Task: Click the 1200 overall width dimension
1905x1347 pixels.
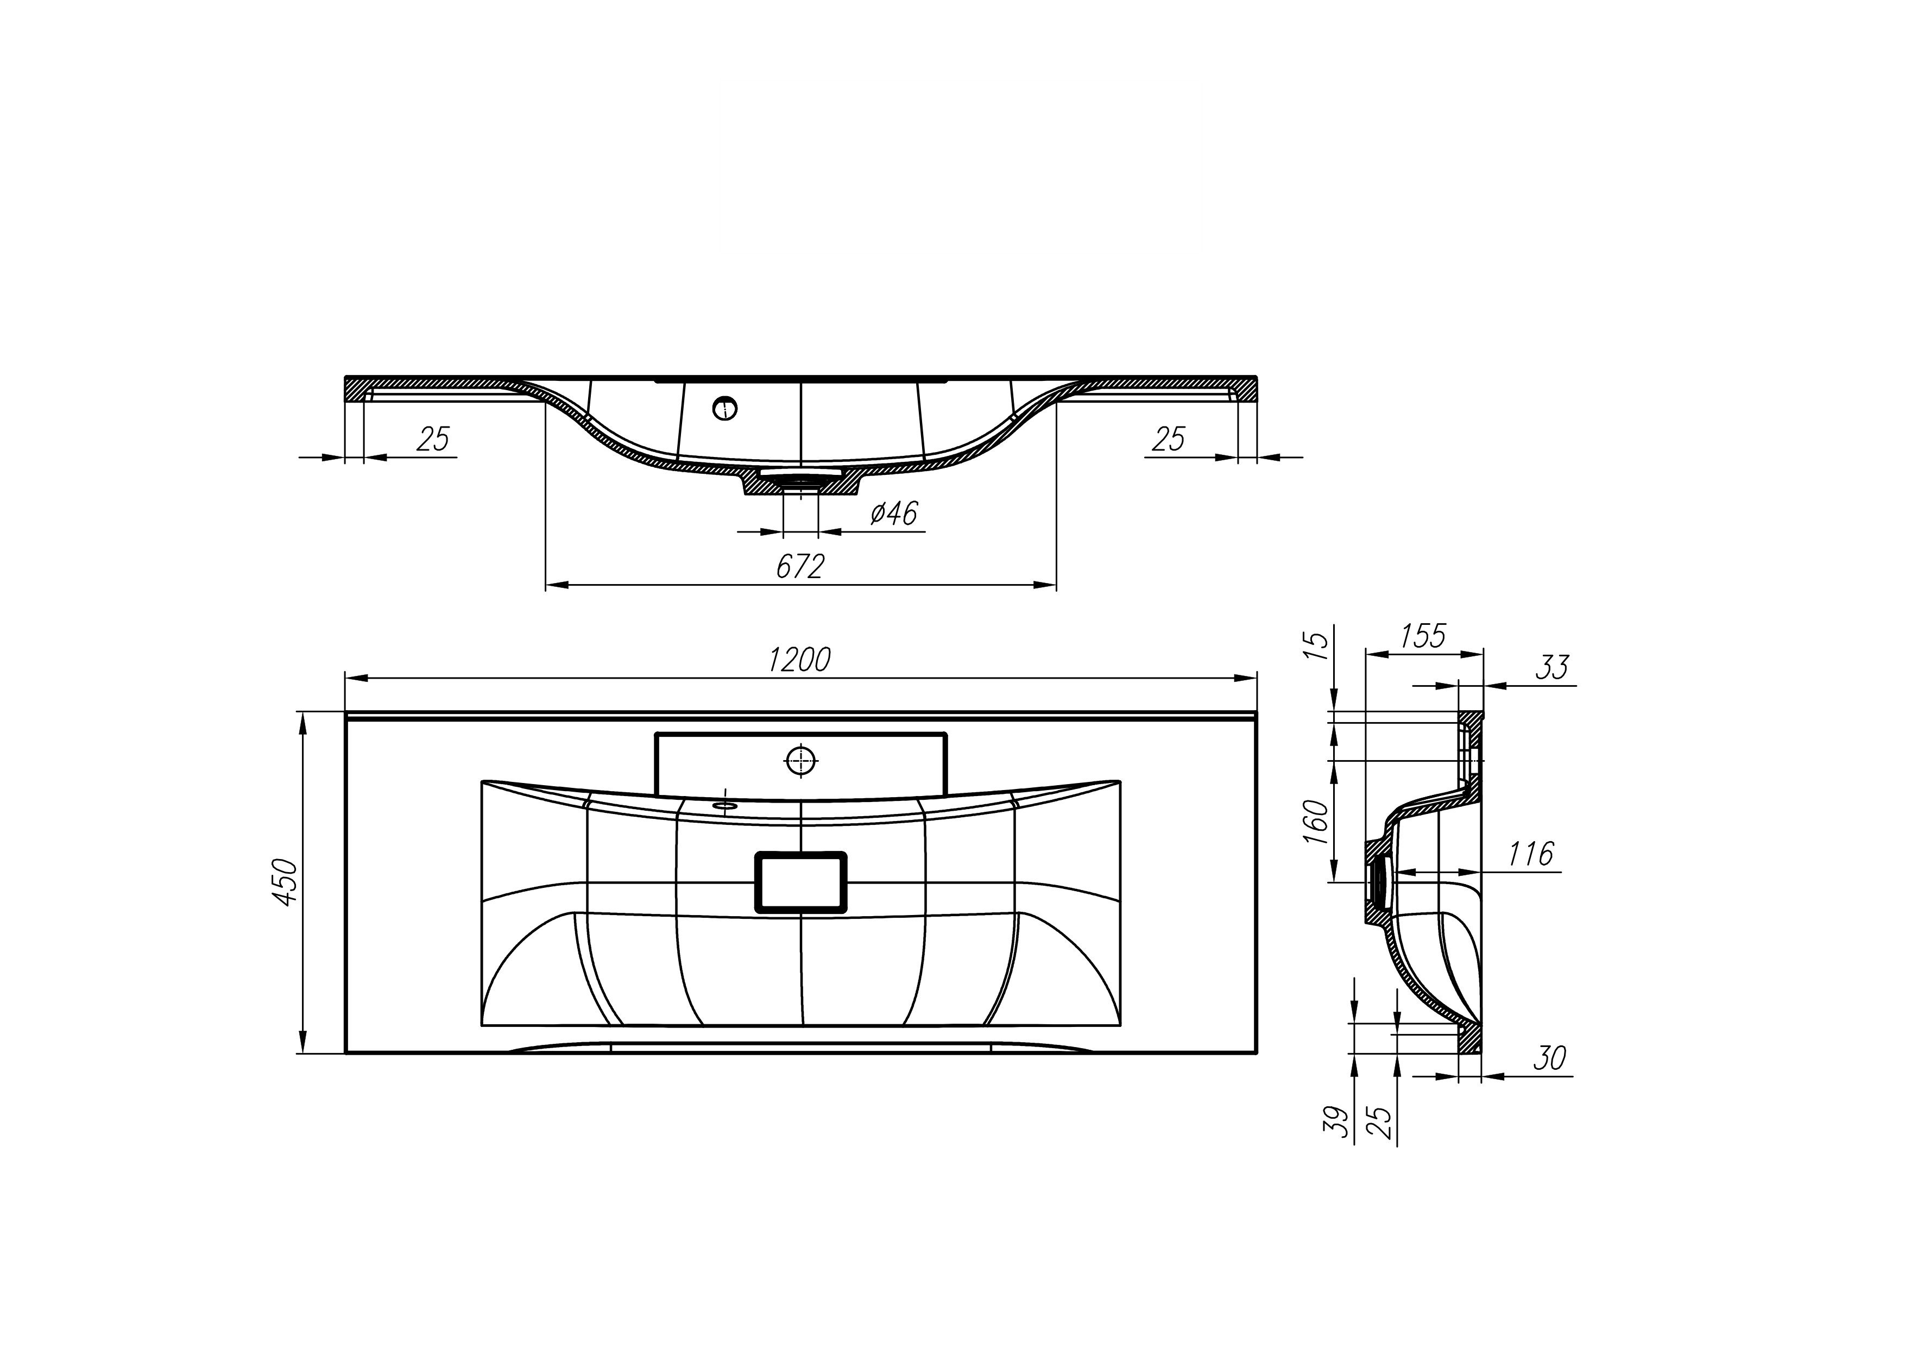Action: click(x=799, y=660)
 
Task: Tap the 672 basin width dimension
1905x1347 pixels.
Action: click(x=800, y=566)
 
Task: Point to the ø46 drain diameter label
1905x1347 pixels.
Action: click(x=894, y=513)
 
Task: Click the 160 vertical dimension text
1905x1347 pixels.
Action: click(x=1316, y=822)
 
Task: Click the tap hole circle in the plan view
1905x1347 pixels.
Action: click(x=800, y=760)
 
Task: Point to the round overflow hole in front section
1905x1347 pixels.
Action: click(x=725, y=408)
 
